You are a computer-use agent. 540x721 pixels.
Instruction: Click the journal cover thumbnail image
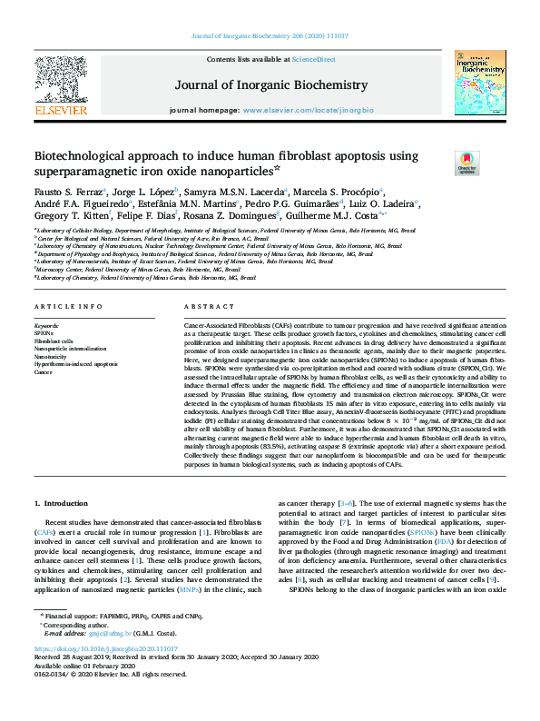(480, 83)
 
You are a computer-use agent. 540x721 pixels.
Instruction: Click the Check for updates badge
(466, 163)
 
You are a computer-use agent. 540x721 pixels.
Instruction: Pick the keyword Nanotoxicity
(51, 355)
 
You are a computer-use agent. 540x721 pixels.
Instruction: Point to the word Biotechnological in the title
(81, 155)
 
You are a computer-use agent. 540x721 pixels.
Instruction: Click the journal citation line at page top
(270, 36)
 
